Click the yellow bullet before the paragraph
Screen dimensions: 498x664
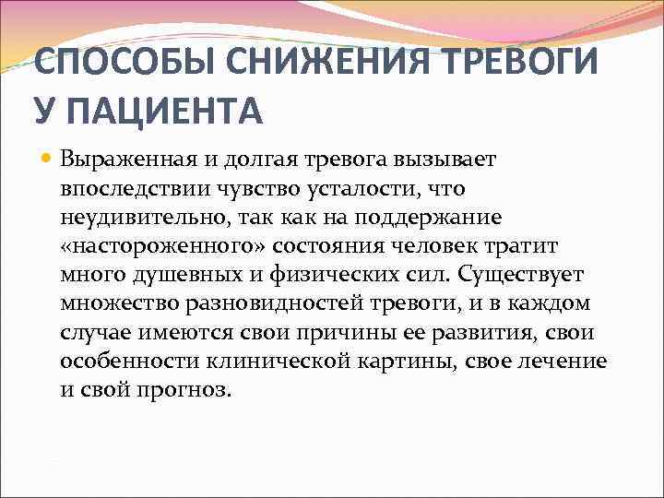coord(46,159)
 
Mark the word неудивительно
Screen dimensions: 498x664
coord(144,218)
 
